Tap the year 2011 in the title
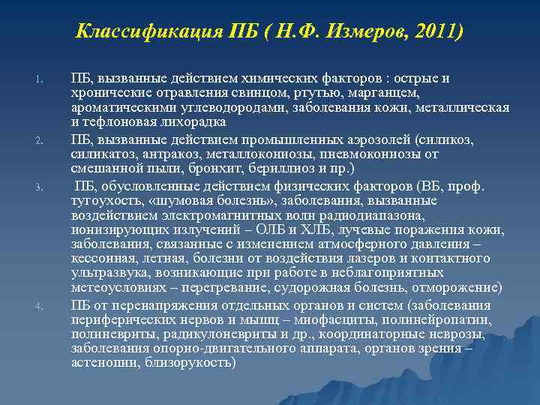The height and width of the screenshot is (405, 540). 435,32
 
